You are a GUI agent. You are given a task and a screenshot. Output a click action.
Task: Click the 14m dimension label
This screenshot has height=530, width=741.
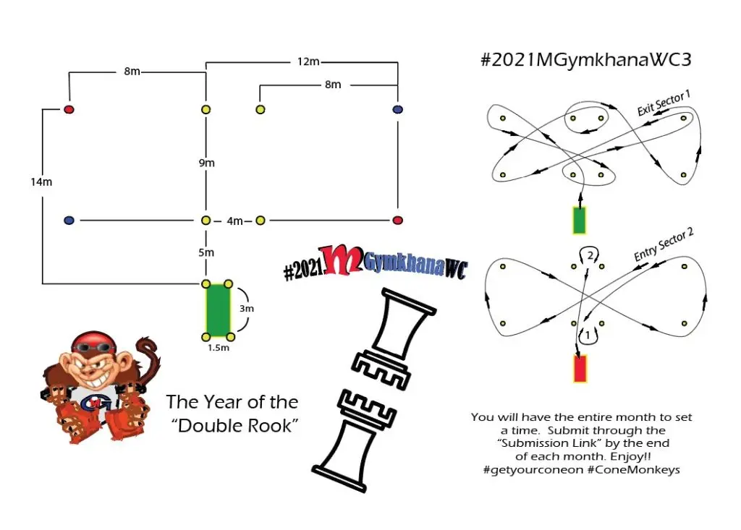(x=41, y=182)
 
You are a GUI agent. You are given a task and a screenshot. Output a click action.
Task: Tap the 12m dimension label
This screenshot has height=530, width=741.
(x=308, y=61)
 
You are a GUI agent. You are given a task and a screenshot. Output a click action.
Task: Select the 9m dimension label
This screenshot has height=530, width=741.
(x=206, y=163)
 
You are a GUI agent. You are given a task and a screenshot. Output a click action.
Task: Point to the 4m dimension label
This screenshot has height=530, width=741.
(x=235, y=221)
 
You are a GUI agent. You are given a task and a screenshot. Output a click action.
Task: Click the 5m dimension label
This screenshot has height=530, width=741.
(x=206, y=252)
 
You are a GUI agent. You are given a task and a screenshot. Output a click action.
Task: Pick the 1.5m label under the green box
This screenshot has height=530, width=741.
(x=219, y=348)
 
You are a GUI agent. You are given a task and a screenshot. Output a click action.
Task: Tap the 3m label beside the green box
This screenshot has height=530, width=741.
(x=246, y=309)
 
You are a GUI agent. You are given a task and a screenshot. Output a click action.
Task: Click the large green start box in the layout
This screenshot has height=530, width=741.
(x=218, y=310)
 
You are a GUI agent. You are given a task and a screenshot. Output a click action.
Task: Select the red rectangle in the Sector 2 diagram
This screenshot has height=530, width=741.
(x=580, y=369)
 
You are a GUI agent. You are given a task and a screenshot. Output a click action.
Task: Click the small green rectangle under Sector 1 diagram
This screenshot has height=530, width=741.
(x=580, y=220)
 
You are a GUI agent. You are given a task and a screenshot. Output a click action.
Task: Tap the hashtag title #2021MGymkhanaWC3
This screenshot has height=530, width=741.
(x=586, y=60)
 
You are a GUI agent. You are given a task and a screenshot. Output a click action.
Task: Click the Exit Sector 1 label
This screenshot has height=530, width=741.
(x=664, y=103)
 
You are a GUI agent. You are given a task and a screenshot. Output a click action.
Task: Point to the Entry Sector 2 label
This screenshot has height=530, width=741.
(x=664, y=244)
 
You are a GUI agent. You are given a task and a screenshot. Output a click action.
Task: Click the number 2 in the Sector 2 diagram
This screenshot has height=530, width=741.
(x=590, y=255)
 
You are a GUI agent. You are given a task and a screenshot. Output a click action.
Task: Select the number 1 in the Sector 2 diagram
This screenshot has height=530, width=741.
(x=588, y=335)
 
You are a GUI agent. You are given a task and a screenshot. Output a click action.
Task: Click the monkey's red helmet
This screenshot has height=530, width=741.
(x=94, y=341)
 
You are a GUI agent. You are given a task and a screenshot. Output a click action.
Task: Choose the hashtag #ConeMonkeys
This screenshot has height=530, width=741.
(x=634, y=470)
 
